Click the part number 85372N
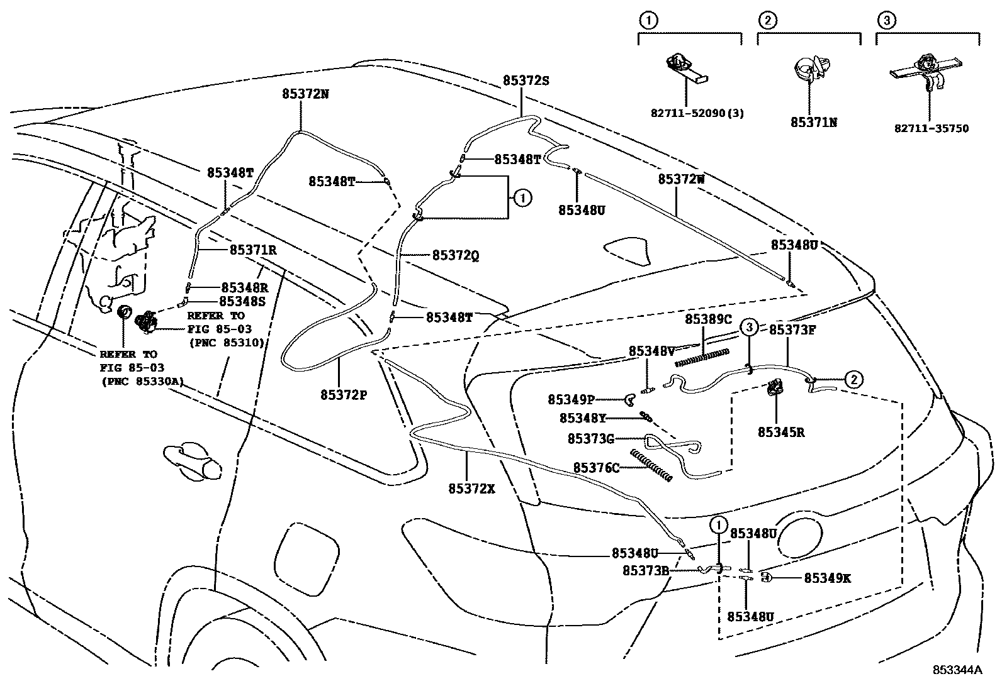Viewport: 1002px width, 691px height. [x=305, y=94]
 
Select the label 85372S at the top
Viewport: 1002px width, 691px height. [x=526, y=80]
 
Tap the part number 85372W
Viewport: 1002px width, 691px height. [x=681, y=179]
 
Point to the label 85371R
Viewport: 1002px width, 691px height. [x=253, y=250]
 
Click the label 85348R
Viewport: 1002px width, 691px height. [x=244, y=288]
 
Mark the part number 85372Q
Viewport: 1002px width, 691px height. [x=456, y=255]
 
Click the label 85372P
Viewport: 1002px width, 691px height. [x=344, y=394]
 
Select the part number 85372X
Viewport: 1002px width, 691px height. [x=472, y=488]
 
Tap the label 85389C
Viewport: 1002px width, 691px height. [x=708, y=319]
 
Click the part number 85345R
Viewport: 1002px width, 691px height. [x=781, y=432]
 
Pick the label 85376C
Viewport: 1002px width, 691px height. [x=596, y=468]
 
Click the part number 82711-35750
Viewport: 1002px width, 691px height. [x=932, y=128]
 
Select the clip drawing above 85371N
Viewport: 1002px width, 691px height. [x=811, y=70]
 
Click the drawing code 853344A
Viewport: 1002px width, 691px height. [x=957, y=670]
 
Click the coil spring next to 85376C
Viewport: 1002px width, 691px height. [x=651, y=466]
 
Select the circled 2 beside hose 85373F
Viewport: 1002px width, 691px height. [x=853, y=379]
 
